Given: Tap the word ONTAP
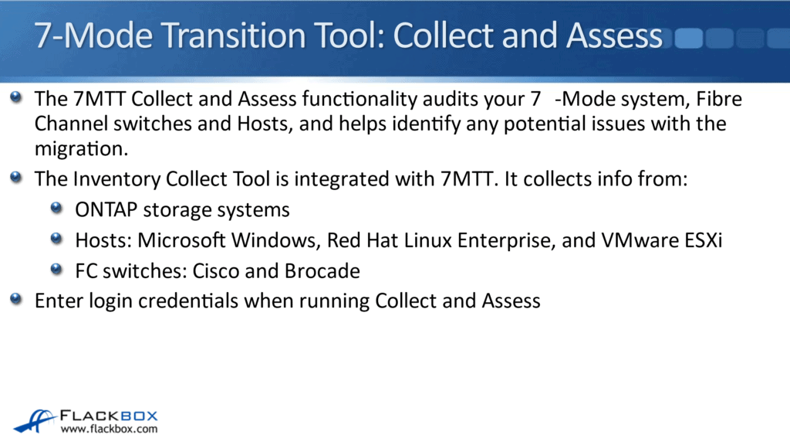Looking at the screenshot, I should click(102, 209).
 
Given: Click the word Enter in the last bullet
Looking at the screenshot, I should click(57, 301).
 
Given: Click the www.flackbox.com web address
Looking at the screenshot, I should click(109, 429).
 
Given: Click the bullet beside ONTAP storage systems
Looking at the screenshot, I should click(56, 209).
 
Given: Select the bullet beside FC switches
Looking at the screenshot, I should click(56, 270).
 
